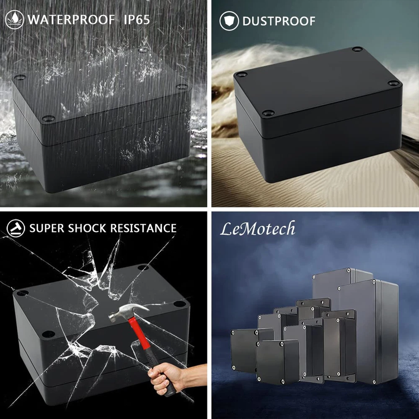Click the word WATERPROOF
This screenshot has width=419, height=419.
coord(71,20)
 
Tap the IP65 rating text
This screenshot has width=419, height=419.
coord(137,20)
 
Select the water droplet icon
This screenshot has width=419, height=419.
coord(14,20)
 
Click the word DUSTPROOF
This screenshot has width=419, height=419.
coord(279,21)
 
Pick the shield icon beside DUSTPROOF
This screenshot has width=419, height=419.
coord(229,21)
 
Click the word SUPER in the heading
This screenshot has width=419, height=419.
coord(47,228)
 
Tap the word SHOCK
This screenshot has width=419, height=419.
coord(87,228)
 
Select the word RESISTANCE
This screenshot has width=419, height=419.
coord(143,228)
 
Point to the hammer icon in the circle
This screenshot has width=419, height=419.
coord(16,228)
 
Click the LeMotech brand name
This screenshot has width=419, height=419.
coord(258,228)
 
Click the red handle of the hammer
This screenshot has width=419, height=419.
coord(139,334)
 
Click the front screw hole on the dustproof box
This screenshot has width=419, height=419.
coord(268,113)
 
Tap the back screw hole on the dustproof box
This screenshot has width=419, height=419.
coord(357,49)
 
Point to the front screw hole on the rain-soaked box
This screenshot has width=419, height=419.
coord(48,118)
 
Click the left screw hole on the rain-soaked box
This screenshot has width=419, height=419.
coord(20,78)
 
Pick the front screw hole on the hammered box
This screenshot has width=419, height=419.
coord(48,334)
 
